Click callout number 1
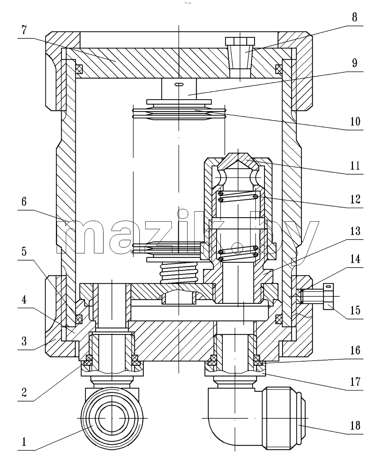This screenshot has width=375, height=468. point(24,442)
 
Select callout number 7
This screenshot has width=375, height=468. point(24,30)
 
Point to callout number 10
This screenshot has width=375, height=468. point(355,121)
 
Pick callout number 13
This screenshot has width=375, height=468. point(355,231)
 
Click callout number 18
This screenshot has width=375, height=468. point(355,425)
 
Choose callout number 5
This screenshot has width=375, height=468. point(24,252)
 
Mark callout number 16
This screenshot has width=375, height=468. point(355,350)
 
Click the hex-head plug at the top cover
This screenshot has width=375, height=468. point(240,58)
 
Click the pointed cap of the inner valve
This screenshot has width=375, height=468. point(238,161)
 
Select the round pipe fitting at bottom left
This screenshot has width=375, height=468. point(112,418)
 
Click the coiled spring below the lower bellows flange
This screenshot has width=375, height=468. point(179,272)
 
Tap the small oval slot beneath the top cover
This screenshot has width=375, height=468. point(179,84)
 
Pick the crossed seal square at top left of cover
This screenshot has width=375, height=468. point(79,69)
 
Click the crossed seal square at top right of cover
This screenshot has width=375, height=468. point(279,69)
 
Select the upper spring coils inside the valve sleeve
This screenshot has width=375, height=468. point(238,197)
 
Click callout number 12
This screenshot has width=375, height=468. point(355,199)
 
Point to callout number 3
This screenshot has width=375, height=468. point(24,341)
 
